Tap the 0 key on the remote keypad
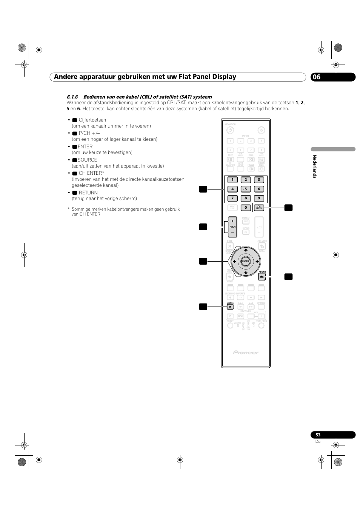(246, 208)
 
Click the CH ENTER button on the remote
(259, 208)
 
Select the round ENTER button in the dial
(246, 261)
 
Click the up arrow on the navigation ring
(246, 250)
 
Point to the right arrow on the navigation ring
(257, 261)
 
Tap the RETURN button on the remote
(262, 277)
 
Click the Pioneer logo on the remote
(246, 353)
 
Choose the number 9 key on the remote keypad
(259, 198)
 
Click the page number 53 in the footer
(318, 435)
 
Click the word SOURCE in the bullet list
(87, 160)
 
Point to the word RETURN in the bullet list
(88, 193)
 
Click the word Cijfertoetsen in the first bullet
(92, 120)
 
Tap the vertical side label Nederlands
(314, 166)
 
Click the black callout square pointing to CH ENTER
(288, 208)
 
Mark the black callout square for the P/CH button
(203, 226)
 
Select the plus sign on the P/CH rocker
(232, 221)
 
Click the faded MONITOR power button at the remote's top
(230, 131)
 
